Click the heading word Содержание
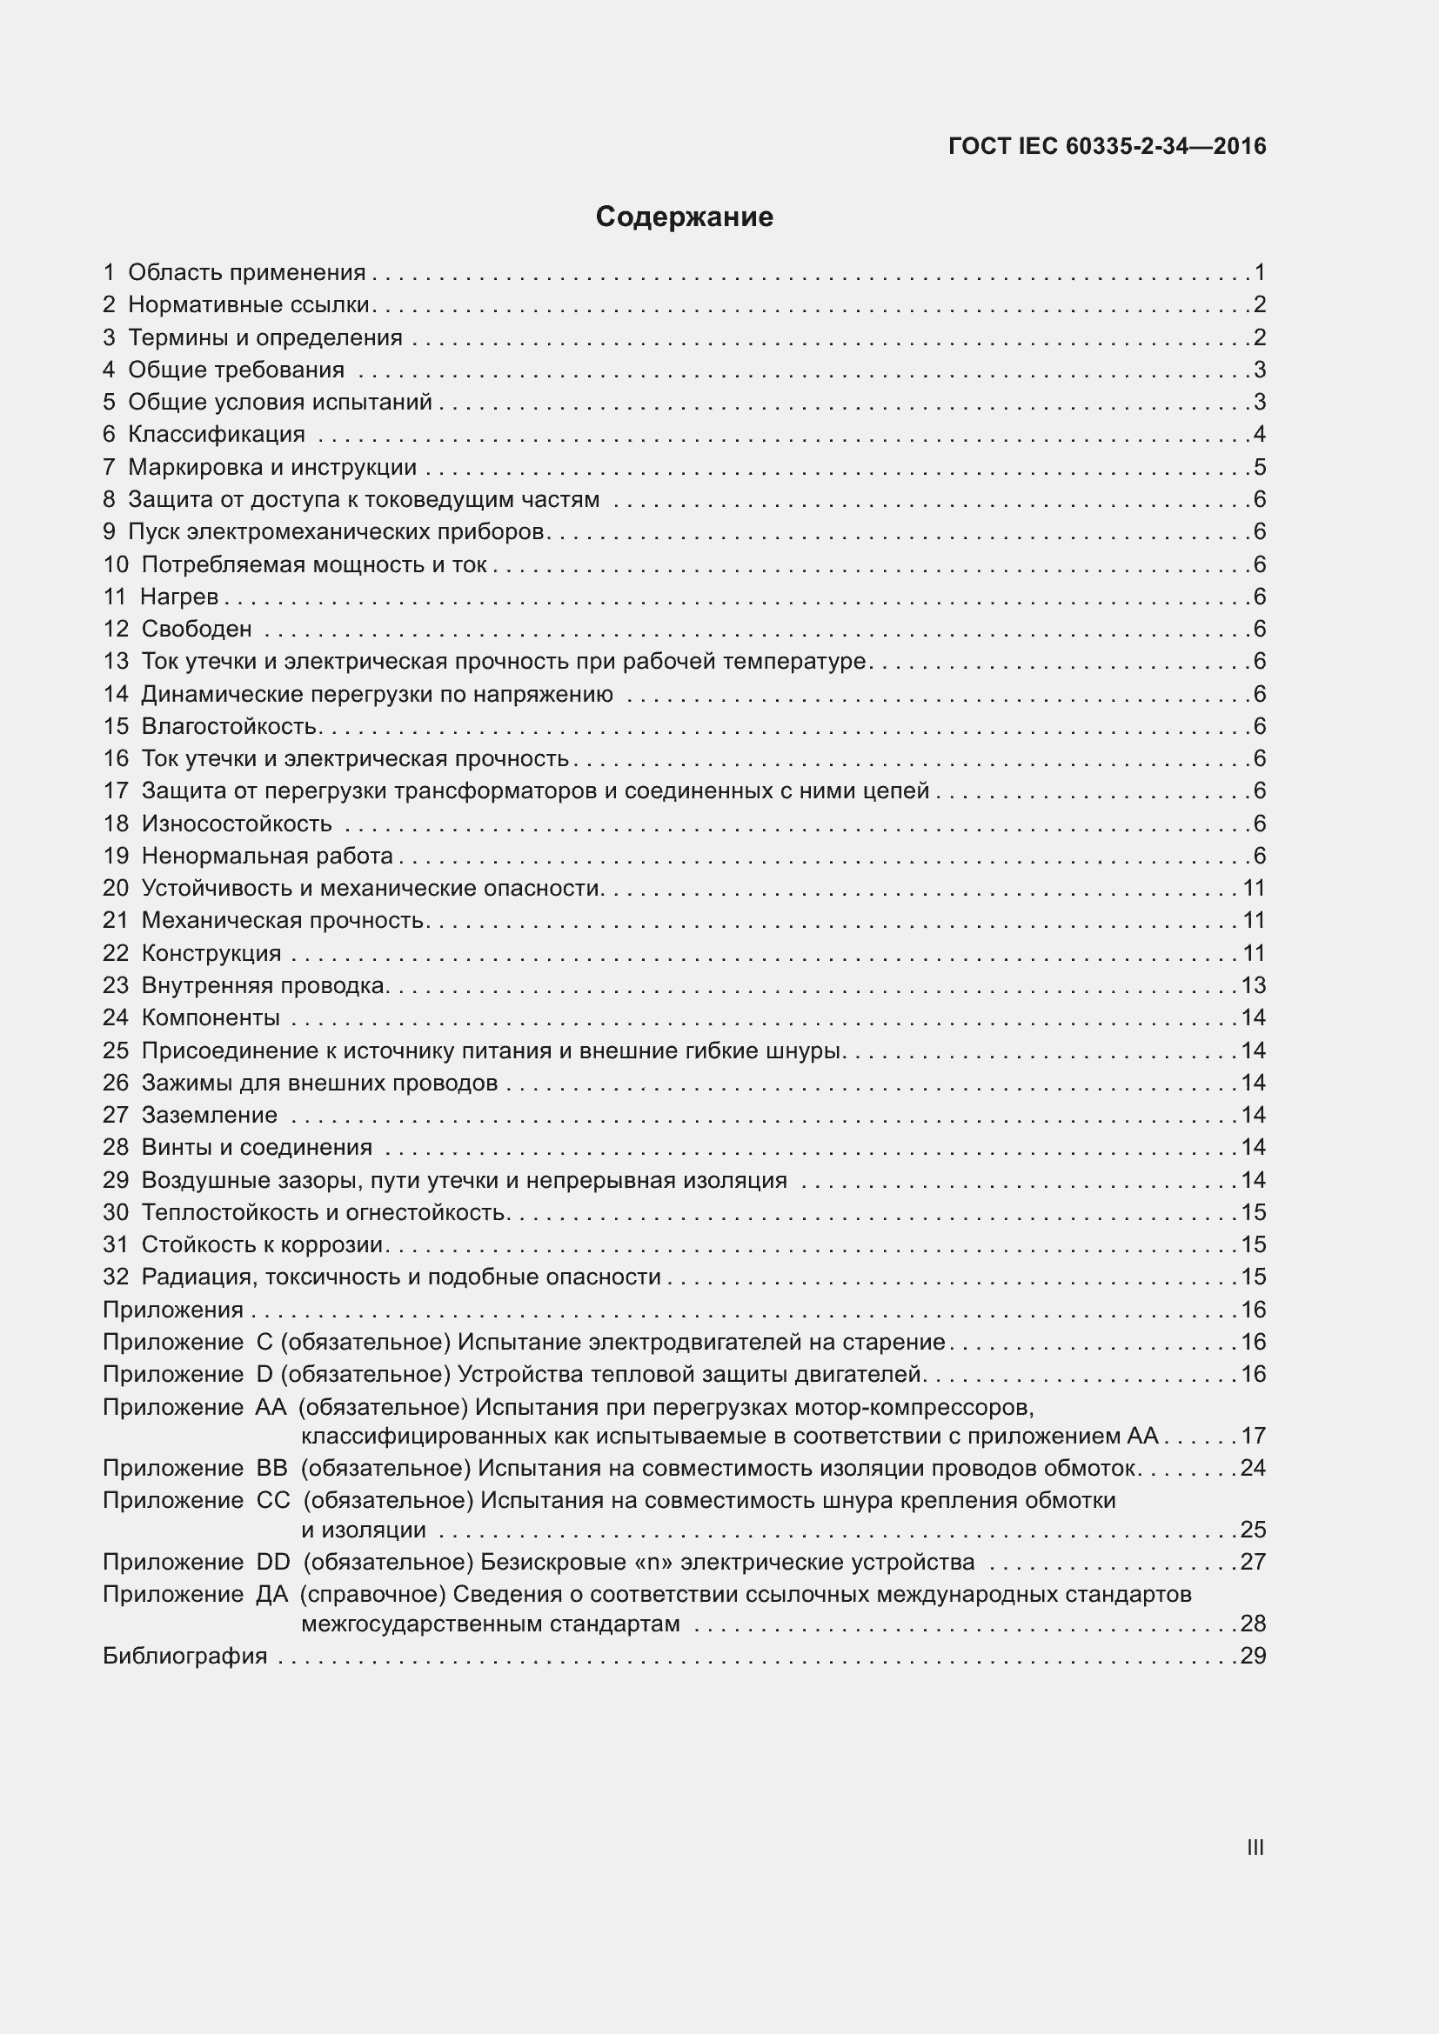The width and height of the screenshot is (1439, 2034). [684, 217]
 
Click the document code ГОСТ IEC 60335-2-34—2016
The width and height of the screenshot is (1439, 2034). [1107, 146]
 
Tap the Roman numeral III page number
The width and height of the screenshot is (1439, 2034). [1255, 1847]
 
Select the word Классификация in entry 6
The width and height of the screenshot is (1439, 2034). [217, 434]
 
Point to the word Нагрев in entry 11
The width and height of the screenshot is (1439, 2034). [179, 597]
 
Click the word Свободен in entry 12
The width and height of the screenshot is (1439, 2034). [197, 629]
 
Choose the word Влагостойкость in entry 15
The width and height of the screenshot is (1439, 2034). [229, 726]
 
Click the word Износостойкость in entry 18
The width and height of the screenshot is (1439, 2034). [237, 823]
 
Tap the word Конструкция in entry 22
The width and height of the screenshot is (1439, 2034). [211, 953]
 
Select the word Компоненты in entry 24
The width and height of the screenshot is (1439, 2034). [211, 1018]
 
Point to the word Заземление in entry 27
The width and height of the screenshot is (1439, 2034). [209, 1115]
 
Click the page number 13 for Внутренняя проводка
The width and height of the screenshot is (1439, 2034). [1253, 985]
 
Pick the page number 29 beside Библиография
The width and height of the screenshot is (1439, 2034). [1253, 1656]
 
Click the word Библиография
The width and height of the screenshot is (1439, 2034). [185, 1656]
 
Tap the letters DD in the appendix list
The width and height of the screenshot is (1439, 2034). [273, 1561]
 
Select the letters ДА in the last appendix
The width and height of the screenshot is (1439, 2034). [272, 1594]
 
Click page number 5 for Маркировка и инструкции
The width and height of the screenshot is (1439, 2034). [1259, 467]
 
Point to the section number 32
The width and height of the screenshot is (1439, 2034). [115, 1277]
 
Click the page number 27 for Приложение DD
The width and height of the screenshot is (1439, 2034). [1253, 1561]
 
